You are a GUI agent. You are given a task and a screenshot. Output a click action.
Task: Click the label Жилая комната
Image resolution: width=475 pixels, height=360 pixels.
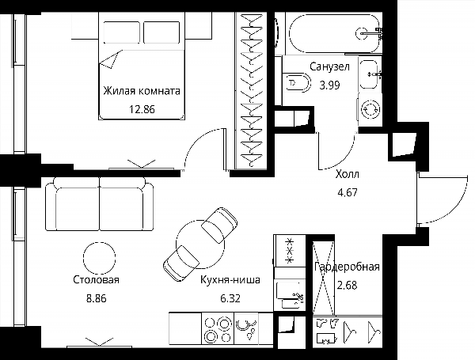point(142,91)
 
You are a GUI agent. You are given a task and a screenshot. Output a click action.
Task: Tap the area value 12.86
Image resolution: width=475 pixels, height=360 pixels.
point(142,109)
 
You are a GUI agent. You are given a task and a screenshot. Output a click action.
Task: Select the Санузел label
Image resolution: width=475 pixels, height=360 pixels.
point(329,66)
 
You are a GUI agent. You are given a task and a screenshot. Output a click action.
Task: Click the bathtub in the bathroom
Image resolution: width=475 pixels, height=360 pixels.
point(334,33)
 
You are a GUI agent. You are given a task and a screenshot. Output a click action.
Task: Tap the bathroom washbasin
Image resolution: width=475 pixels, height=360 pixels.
point(369,74)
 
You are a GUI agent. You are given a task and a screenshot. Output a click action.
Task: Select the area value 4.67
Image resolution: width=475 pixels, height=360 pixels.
point(348,192)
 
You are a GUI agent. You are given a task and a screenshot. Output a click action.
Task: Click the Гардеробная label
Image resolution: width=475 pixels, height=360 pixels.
point(348,267)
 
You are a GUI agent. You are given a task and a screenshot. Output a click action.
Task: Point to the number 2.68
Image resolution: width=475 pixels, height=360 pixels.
point(348,285)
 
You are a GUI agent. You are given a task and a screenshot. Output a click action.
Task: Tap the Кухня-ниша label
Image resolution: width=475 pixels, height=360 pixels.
point(230,280)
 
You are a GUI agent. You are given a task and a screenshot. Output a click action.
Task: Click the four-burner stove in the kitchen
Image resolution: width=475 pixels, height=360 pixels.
point(218,328)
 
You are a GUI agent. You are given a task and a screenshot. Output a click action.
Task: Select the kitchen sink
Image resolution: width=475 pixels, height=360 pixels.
point(246,328)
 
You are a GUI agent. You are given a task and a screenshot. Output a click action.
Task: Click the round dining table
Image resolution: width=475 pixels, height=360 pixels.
point(200,244)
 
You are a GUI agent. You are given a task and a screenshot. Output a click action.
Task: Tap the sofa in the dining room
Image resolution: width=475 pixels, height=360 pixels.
point(100,204)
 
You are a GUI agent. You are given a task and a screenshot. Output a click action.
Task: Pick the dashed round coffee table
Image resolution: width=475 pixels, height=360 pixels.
point(100,258)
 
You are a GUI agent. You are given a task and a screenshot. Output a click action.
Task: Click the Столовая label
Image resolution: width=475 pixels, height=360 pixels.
point(97,280)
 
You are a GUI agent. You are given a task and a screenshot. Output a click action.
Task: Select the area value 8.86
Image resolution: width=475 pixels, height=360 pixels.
point(97,299)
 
